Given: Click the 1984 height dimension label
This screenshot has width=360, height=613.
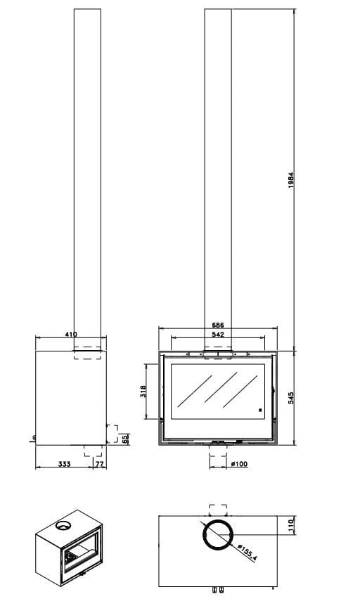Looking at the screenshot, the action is (290, 180).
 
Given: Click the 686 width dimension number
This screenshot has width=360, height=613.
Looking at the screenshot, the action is (218, 325).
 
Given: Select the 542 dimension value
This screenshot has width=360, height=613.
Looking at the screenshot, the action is (218, 334).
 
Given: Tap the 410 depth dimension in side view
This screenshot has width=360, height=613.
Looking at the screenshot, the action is (71, 334).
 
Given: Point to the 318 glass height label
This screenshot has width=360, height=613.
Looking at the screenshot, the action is (143, 392).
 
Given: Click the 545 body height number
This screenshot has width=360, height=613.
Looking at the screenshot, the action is (290, 398).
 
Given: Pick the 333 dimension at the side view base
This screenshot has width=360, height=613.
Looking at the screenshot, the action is (64, 464).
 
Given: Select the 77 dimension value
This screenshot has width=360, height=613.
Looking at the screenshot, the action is (100, 464).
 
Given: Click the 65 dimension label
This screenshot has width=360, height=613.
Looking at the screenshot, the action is (125, 439).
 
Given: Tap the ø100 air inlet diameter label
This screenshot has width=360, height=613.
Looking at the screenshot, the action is (239, 464).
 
